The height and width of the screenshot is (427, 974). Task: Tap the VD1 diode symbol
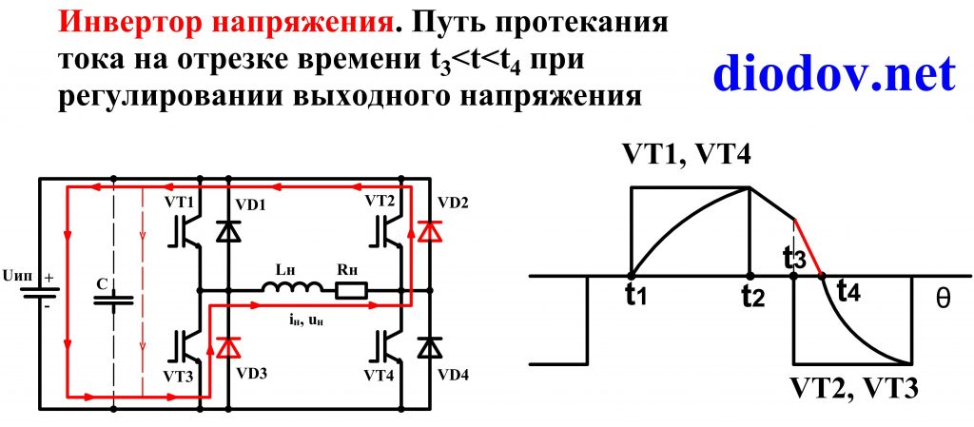click(x=226, y=230)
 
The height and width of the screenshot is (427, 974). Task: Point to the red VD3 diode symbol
click(x=226, y=347)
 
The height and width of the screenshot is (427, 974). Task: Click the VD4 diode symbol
click(x=431, y=347)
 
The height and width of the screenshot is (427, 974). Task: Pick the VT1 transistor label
click(x=179, y=203)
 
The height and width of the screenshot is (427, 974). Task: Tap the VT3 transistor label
click(x=179, y=377)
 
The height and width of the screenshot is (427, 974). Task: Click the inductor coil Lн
click(x=285, y=287)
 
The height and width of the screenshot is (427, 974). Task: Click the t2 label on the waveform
click(x=752, y=297)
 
